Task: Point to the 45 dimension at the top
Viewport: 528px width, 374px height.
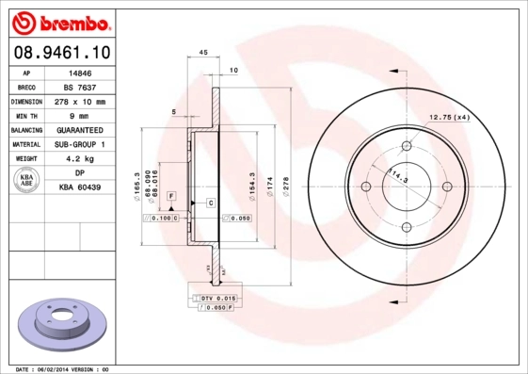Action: (x=203, y=53)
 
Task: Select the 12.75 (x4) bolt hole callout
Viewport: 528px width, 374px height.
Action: (x=450, y=117)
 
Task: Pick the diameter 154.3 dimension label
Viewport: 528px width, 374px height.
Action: (x=252, y=182)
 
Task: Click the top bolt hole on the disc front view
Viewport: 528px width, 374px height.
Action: (x=407, y=146)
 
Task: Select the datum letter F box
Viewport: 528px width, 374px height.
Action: (x=171, y=195)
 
